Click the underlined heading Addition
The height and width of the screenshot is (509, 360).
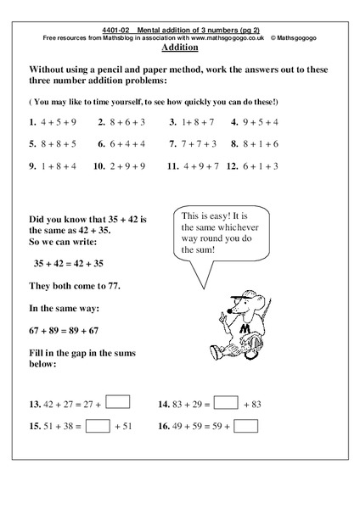(x=179, y=48)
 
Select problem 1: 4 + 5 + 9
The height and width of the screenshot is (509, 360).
(x=54, y=121)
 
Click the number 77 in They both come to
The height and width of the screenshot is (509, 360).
(x=109, y=286)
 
